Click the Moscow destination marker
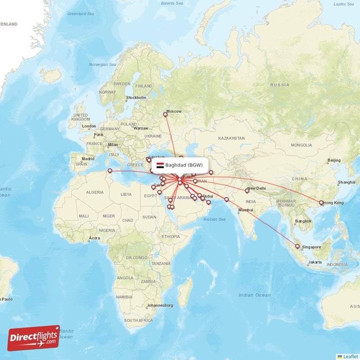(x=165, y=115)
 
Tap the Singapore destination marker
(x=297, y=246)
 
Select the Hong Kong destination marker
(x=321, y=203)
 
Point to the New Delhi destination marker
(x=247, y=191)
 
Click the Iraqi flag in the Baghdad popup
(x=160, y=165)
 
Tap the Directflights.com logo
(x=34, y=338)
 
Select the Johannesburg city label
(x=160, y=306)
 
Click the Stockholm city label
(x=136, y=98)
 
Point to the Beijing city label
(x=334, y=160)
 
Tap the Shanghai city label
(x=346, y=182)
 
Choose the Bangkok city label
(x=303, y=221)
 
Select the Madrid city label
(x=88, y=159)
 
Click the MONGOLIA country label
(x=301, y=145)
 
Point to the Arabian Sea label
(x=214, y=219)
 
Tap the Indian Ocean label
(x=255, y=295)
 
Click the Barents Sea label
(x=171, y=4)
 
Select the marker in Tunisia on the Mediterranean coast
(x=109, y=171)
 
